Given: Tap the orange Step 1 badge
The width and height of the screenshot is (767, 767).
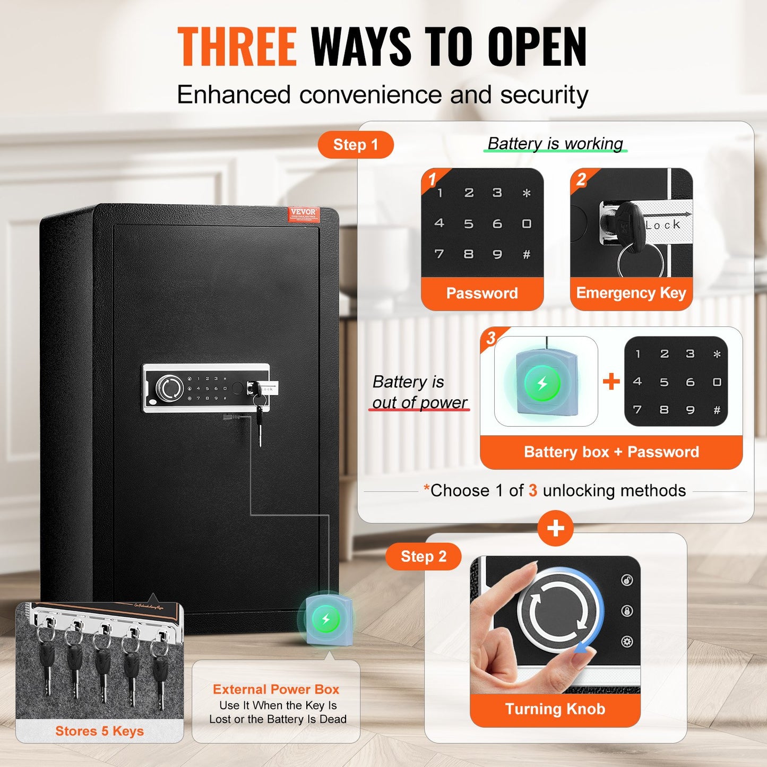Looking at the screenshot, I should pos(356,145).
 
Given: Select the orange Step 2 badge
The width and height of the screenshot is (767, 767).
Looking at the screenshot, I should pos(423,556).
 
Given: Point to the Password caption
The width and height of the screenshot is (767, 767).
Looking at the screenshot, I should pos(482,293).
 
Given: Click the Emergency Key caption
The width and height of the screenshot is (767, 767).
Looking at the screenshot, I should pos(631,293).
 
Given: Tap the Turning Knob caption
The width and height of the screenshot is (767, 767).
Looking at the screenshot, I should pos(555,709).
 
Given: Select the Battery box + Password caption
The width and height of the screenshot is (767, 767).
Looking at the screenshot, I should pos(611,452).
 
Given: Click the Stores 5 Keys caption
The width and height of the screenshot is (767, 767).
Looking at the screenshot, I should pos(99,731).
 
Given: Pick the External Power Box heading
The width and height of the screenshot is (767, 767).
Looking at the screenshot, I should pos(276,689).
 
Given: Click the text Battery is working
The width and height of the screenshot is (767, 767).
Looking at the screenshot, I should pos(555,143).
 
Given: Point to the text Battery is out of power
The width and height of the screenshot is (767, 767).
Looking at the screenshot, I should pos(419,392).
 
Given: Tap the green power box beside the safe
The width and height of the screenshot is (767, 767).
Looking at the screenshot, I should pos(326,619).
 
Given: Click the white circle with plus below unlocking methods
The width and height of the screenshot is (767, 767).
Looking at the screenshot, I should pos(555,528).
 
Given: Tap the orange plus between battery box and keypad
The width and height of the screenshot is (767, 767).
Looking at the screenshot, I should pos(611,381).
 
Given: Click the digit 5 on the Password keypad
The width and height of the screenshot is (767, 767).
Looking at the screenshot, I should pos(468,224).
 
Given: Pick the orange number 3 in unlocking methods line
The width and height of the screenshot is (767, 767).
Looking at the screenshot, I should pos(532,490).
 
